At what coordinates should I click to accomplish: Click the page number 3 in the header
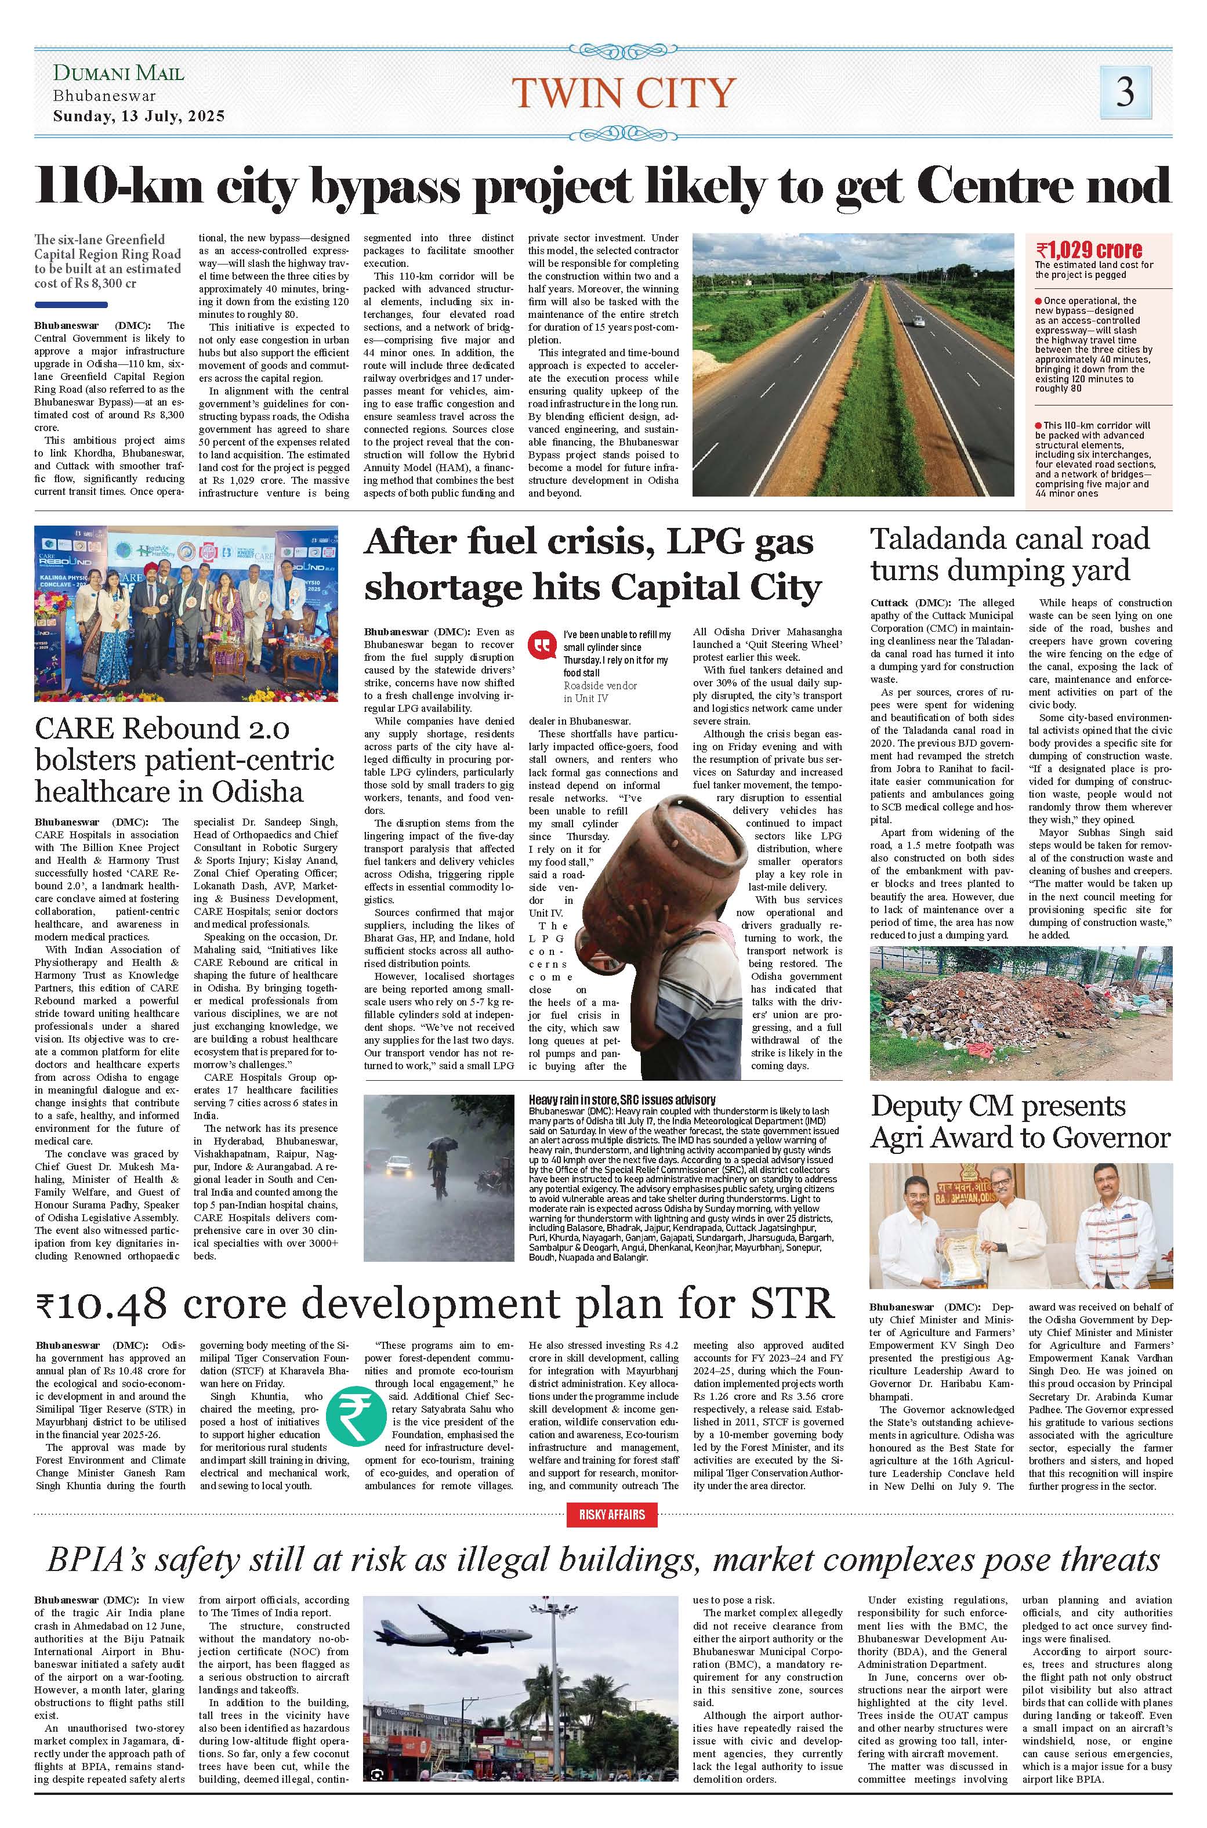coord(1125,92)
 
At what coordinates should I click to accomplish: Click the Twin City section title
coord(624,93)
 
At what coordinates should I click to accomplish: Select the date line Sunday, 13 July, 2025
coord(139,117)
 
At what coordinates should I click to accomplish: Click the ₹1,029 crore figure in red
coord(1089,250)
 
